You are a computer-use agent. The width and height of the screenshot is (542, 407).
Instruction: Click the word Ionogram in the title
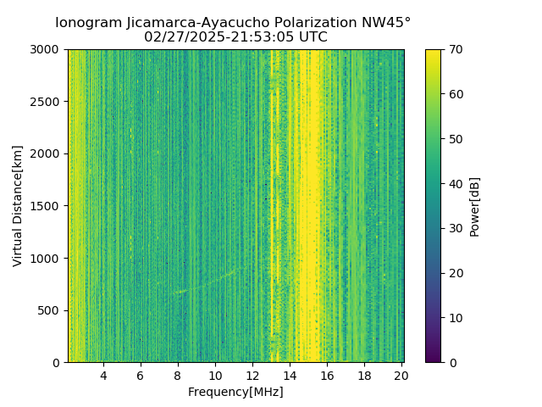pos(87,23)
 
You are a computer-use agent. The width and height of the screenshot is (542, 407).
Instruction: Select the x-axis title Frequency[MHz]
pos(235,392)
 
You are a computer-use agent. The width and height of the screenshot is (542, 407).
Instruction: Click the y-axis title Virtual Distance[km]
pos(18,206)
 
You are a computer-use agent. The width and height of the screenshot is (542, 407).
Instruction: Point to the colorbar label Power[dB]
pos(475,206)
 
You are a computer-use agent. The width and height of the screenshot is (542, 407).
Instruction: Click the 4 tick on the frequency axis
pos(103,375)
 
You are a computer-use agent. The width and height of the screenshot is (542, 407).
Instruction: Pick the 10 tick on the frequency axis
pos(215,375)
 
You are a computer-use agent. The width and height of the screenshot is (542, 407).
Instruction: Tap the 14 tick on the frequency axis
pos(290,375)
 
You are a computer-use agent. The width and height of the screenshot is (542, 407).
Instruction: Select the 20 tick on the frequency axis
pos(401,375)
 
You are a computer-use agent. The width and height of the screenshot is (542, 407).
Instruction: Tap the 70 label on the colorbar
pos(456,49)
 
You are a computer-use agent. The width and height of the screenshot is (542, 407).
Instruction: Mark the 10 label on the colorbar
pos(456,318)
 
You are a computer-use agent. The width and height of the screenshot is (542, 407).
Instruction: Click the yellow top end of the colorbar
pos(433,53)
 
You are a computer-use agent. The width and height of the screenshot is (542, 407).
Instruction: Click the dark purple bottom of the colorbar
pos(433,360)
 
